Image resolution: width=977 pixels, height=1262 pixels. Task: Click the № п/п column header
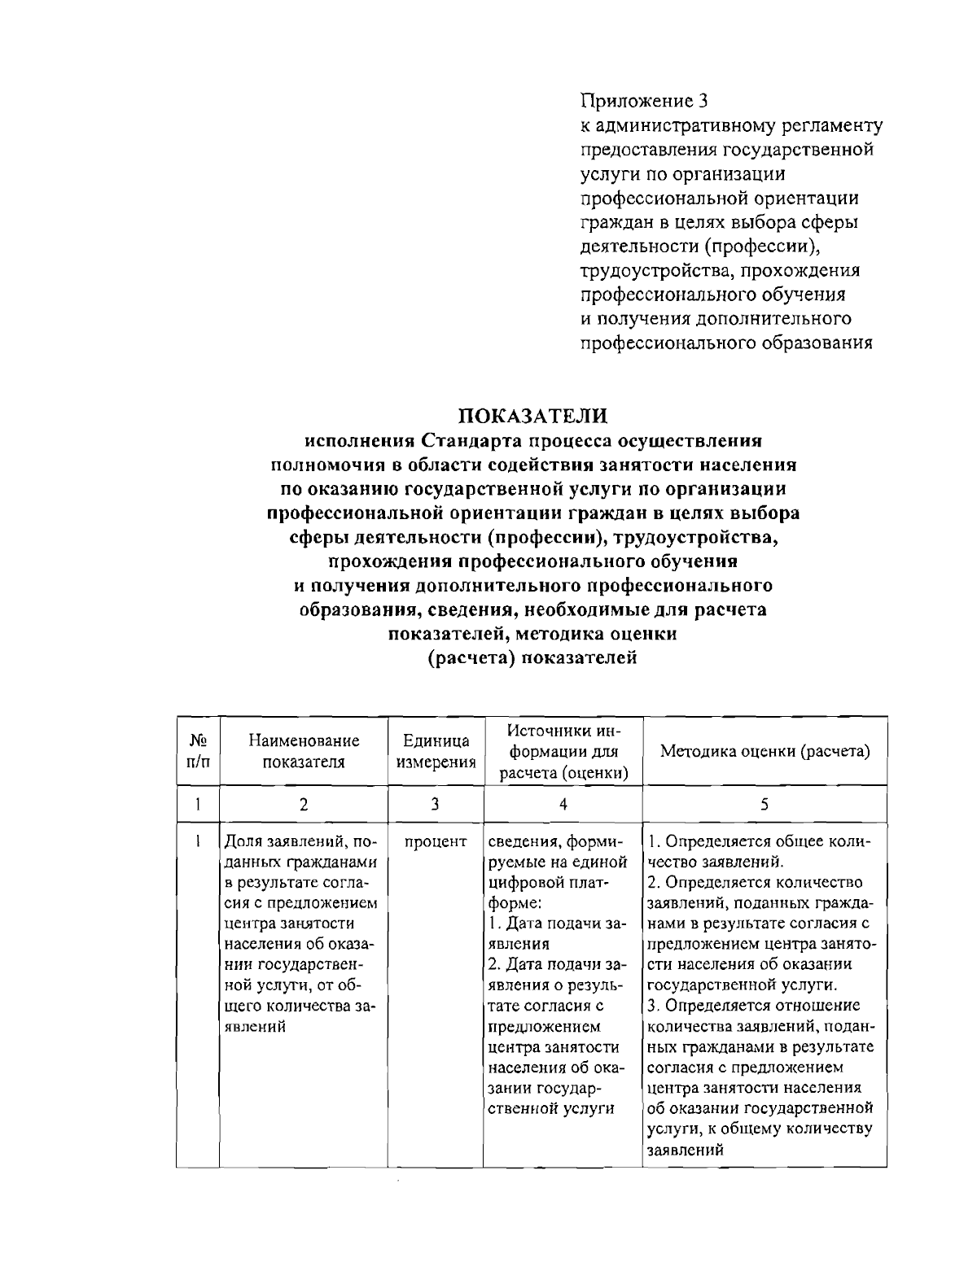point(198,751)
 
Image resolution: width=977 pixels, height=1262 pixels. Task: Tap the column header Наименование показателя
point(304,751)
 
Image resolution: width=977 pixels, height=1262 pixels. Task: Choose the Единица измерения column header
point(436,751)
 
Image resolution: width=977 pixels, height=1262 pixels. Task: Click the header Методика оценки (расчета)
point(765,751)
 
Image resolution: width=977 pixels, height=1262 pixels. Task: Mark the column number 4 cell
point(563,804)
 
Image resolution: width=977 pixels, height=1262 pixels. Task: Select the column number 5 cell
point(765,804)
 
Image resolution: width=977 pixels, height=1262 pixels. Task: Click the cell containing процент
point(436,841)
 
